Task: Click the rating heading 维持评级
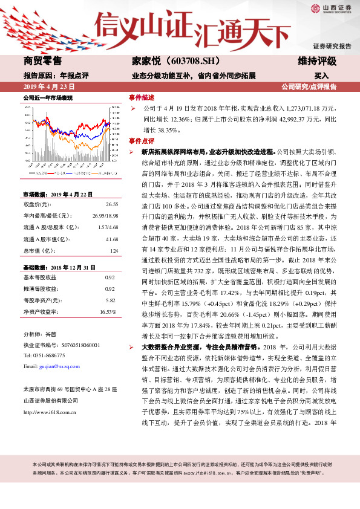pyautogui.click(x=317, y=61)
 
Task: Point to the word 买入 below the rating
pyautogui.click(x=321, y=76)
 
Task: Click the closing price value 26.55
pyautogui.click(x=111, y=204)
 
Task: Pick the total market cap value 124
pyautogui.click(x=113, y=250)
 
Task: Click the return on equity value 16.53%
pyautogui.click(x=108, y=312)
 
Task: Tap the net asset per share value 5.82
pyautogui.click(x=110, y=300)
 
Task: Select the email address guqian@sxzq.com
pyautogui.click(x=59, y=366)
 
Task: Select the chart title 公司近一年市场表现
pyautogui.click(x=48, y=97)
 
